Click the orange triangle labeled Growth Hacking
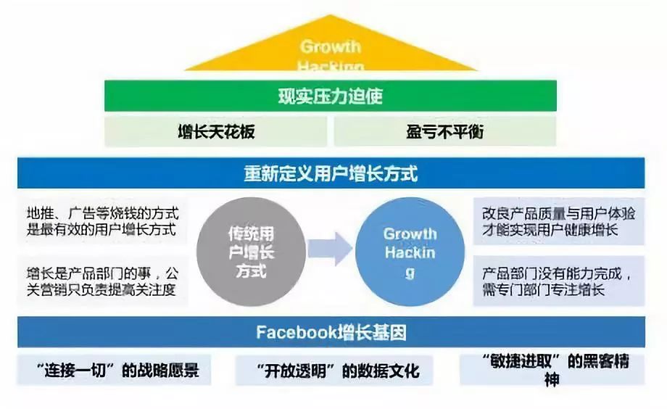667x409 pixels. tap(331, 51)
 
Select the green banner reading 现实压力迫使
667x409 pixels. tap(330, 96)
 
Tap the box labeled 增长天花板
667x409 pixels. tap(216, 131)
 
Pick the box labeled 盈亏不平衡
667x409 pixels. tap(444, 131)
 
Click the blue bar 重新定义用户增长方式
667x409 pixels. tap(331, 175)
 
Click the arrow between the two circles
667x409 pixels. tap(330, 249)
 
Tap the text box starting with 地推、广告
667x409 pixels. tap(102, 222)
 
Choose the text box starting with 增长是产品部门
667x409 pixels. tap(102, 282)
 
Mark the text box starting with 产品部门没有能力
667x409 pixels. tap(558, 282)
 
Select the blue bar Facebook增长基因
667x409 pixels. tap(331, 333)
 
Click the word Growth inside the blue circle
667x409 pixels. tap(410, 234)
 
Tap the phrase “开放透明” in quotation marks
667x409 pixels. tap(290, 371)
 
